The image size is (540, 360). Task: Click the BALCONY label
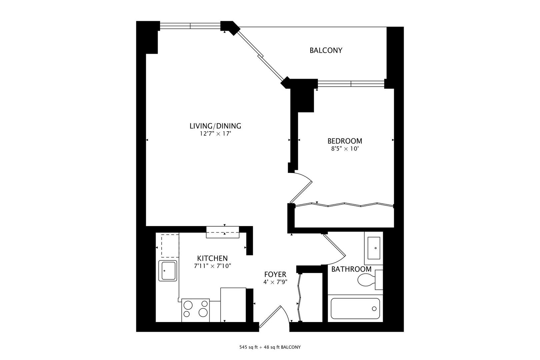(326, 50)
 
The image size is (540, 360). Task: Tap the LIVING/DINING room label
(215, 126)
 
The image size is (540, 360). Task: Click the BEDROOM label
(344, 141)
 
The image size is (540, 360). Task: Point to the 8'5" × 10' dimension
(344, 149)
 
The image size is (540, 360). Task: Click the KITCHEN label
(212, 258)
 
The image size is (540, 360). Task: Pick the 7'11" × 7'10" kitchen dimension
(212, 266)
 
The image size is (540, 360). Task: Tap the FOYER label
(275, 274)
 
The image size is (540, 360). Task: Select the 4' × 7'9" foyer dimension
(275, 282)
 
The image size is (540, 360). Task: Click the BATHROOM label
(351, 269)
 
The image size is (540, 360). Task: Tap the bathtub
(355, 309)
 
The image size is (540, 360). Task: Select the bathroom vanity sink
(375, 248)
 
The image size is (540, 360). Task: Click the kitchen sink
(167, 271)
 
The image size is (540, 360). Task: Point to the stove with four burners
(195, 310)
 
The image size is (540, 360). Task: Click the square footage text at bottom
(270, 347)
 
